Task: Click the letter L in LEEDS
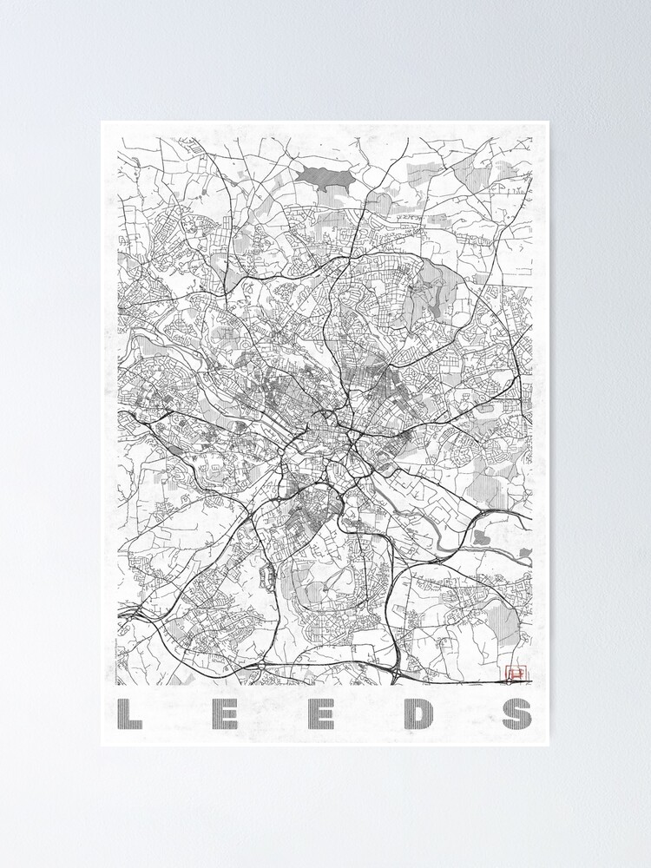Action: (x=129, y=713)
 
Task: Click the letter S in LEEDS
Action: (x=516, y=713)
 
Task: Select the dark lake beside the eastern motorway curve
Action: (x=483, y=538)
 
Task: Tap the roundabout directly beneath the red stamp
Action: (x=517, y=686)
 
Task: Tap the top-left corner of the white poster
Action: (x=101, y=121)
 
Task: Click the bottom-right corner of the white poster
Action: (x=549, y=746)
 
